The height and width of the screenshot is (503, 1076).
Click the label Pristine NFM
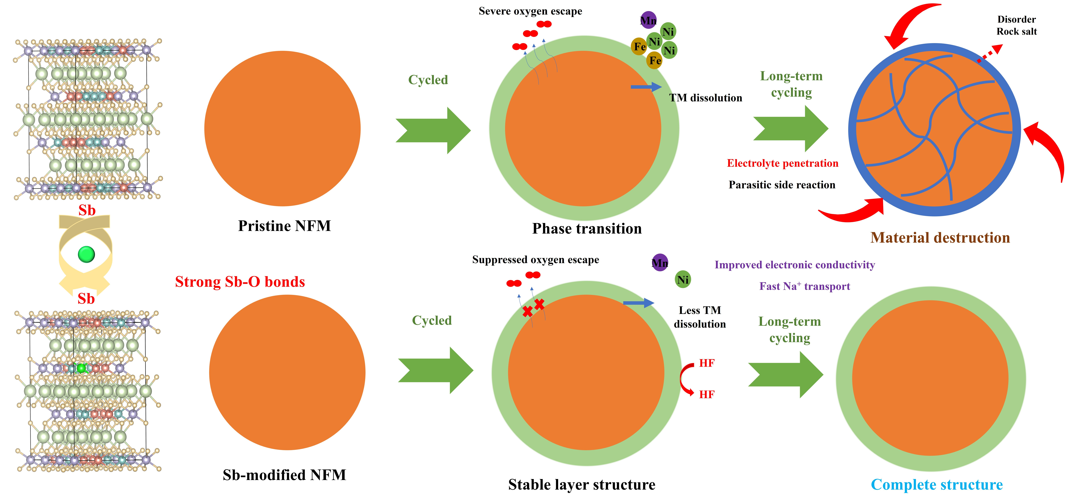click(284, 226)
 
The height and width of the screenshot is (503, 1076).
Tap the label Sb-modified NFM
click(284, 475)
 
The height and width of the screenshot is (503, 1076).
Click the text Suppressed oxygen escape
click(536, 260)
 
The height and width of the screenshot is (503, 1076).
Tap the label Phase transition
click(587, 229)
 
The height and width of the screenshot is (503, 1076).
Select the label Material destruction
click(940, 238)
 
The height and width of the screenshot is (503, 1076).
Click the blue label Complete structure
click(936, 485)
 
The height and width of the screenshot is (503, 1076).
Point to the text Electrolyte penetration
click(782, 163)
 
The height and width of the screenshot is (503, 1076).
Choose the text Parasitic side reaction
click(782, 185)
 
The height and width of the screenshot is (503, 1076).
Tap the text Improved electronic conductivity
click(795, 265)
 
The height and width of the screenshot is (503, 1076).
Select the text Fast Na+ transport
click(804, 286)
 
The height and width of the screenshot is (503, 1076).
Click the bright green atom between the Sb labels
click(86, 254)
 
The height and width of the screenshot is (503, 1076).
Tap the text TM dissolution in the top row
click(706, 98)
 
